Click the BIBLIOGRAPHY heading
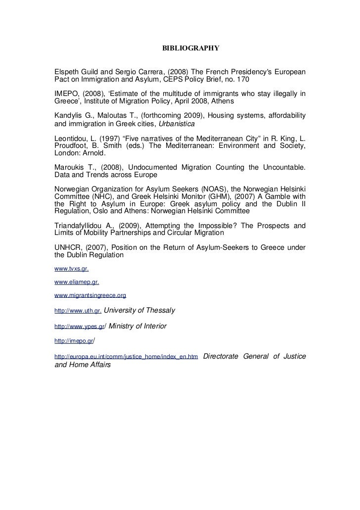pos(191,48)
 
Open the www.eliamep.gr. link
pos(76,282)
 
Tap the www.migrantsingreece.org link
pos(90,295)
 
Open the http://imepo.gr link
pos(74,341)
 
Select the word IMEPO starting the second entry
pos(65,94)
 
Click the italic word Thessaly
pos(157,311)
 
